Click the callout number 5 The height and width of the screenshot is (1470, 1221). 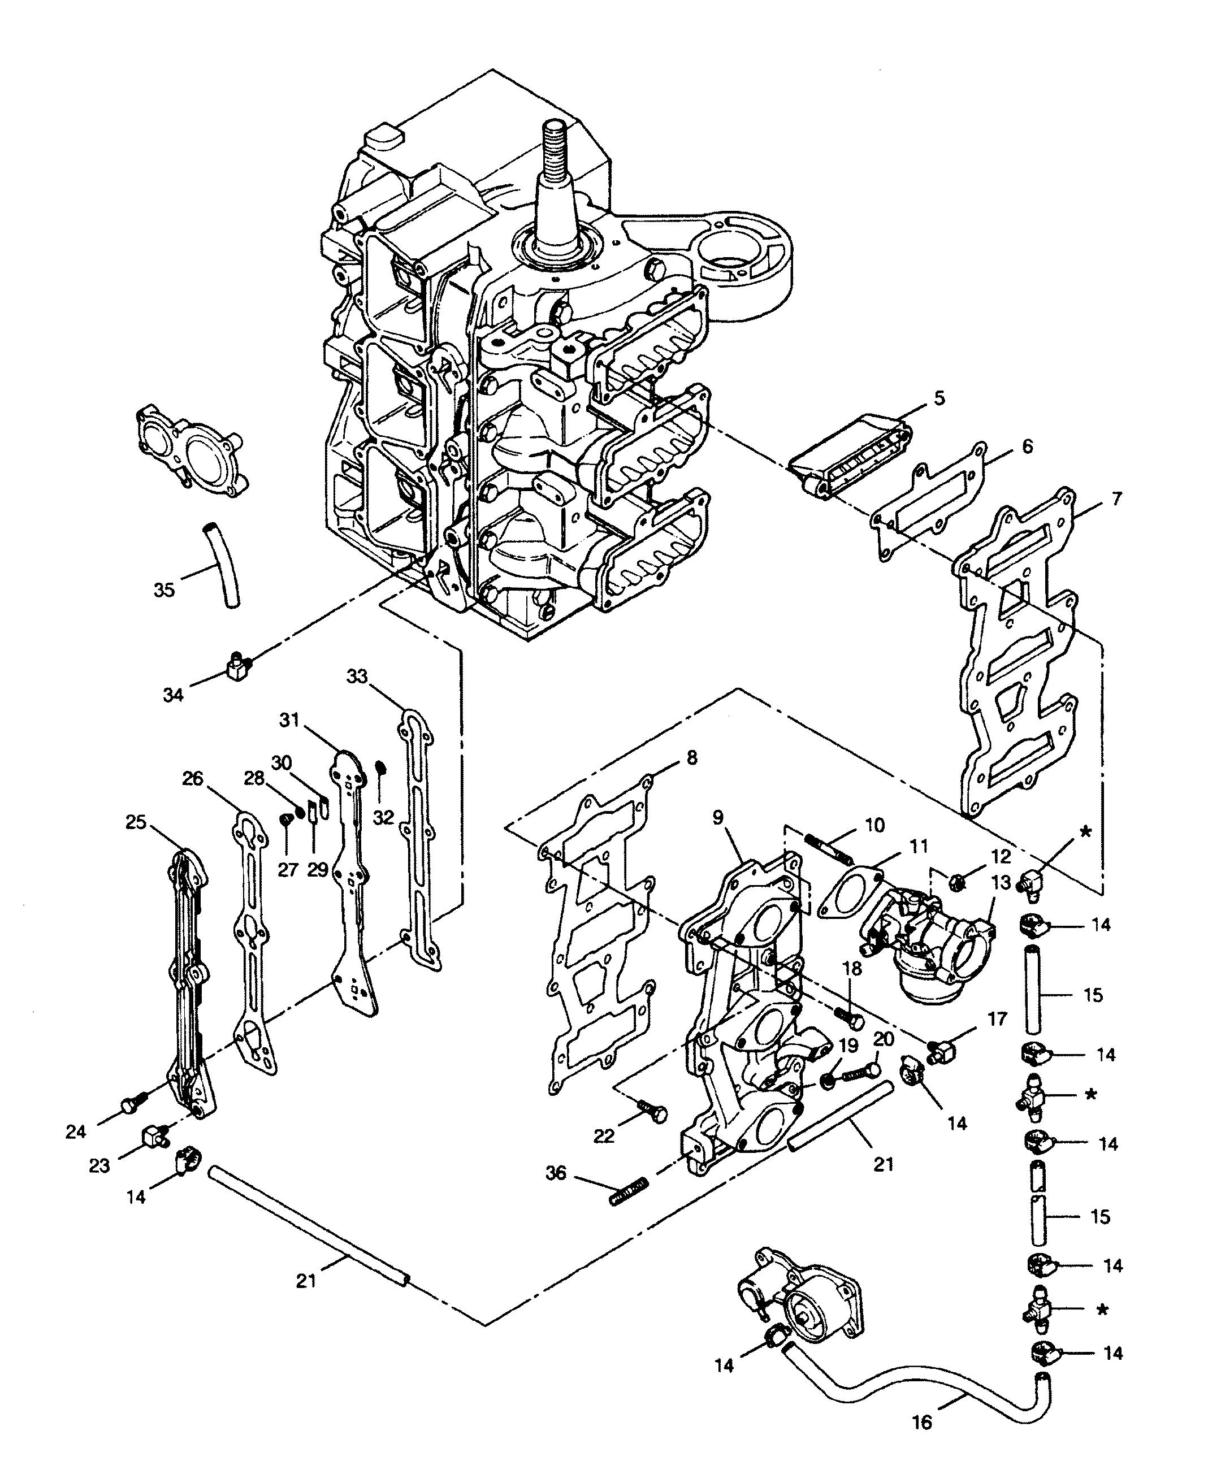click(939, 398)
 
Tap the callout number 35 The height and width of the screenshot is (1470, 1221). click(164, 589)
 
